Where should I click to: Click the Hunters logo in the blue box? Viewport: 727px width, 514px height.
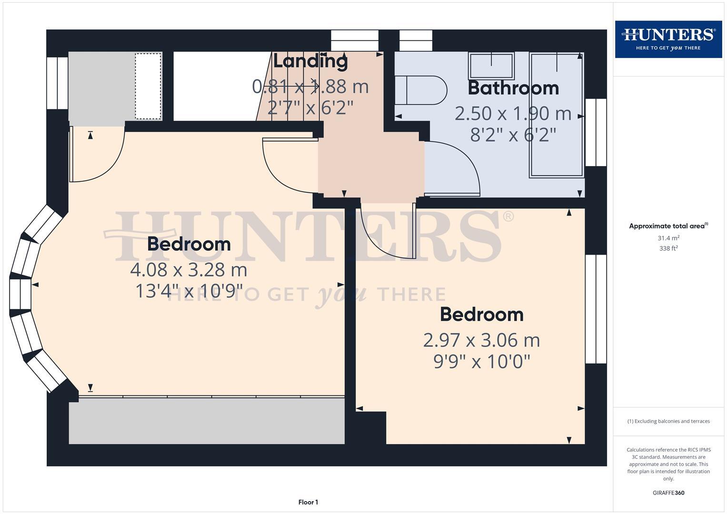point(668,39)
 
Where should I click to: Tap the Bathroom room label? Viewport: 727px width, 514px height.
point(513,88)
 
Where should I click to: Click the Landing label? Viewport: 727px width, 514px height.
point(310,61)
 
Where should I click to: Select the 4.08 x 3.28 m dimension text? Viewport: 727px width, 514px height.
point(189,270)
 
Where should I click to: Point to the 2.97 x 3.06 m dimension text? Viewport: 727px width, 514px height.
point(481,340)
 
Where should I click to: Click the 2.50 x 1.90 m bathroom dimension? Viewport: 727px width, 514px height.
point(513,113)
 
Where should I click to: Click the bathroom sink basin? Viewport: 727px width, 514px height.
point(491,66)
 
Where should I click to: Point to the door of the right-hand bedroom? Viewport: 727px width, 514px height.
point(386,233)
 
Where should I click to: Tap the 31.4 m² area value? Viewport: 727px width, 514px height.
point(668,238)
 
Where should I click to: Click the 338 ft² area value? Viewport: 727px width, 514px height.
point(668,248)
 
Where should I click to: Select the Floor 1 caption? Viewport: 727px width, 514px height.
point(308,502)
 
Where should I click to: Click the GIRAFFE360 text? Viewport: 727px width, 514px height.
point(668,493)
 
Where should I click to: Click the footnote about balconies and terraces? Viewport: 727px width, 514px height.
point(668,421)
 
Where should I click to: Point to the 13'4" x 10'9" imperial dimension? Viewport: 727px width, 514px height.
point(189,291)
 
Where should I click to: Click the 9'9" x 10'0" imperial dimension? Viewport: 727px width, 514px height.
point(481,362)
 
